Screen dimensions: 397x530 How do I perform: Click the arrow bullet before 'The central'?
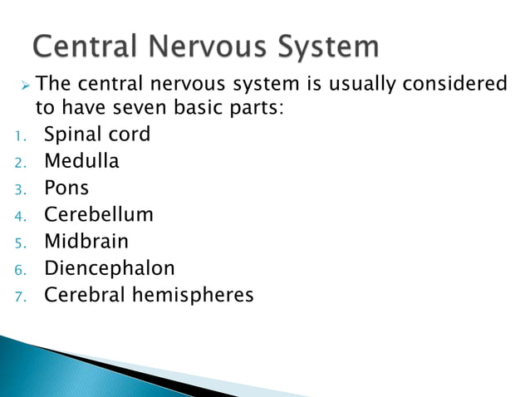tap(25, 85)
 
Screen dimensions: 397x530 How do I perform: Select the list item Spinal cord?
tap(97, 134)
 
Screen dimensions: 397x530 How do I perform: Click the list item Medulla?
tap(81, 161)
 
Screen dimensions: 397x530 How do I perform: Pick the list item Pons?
tap(66, 188)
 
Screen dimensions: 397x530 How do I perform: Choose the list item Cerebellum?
tap(99, 214)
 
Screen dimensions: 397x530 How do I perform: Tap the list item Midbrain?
tap(86, 241)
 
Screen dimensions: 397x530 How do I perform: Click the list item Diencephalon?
tap(110, 268)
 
